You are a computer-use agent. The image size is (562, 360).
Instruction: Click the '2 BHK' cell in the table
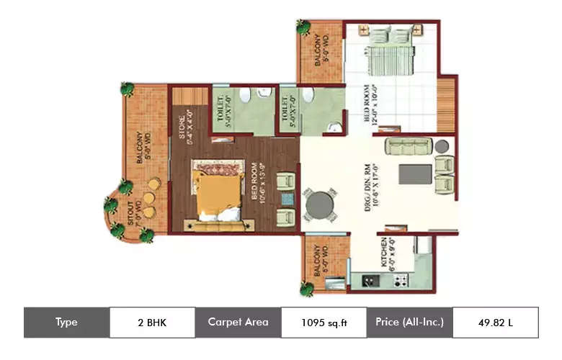coord(152,322)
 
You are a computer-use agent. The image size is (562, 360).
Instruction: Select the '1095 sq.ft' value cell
coord(324,322)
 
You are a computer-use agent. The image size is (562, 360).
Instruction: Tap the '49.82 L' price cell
coord(495,322)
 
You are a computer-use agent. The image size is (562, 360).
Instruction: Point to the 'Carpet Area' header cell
coord(238,322)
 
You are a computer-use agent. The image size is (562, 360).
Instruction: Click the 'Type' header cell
coord(66,322)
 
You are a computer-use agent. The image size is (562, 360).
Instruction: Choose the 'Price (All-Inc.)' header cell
coord(409,322)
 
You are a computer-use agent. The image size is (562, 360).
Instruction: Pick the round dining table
coord(319,205)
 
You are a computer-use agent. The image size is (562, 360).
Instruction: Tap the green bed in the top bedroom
coord(389,50)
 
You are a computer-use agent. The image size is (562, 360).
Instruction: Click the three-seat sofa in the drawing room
coord(408,146)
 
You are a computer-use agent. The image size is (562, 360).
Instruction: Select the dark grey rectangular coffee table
coord(415,174)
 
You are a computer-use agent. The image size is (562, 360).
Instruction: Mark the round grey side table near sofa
coord(442,146)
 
